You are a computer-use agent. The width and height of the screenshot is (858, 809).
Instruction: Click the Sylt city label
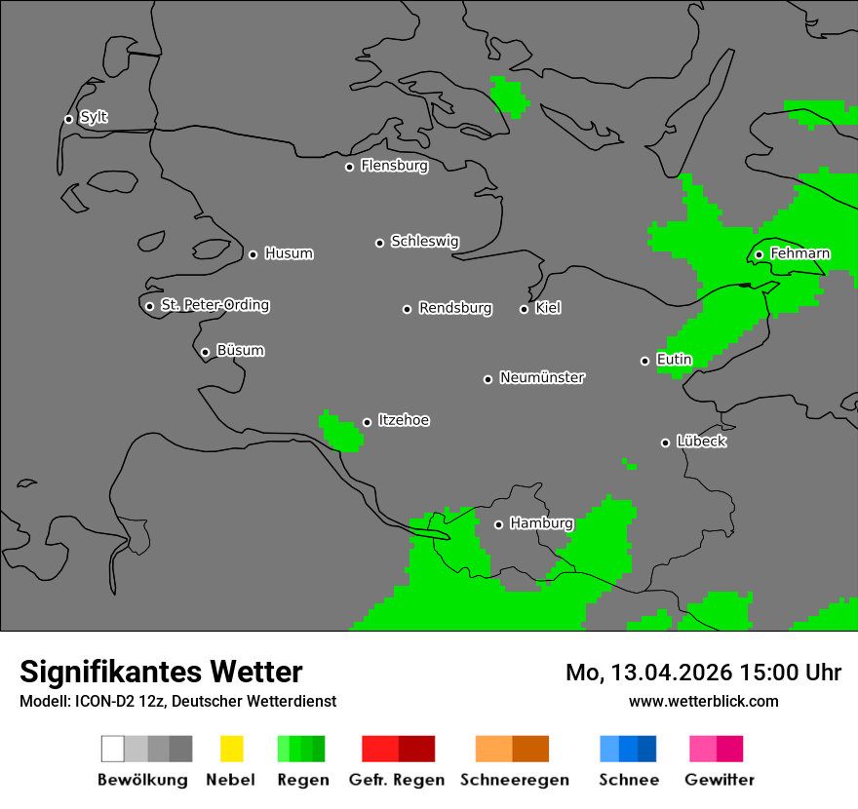point(94,117)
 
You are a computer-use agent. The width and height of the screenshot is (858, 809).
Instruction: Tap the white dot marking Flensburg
point(349,167)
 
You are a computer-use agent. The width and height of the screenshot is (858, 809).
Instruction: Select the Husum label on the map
point(289,253)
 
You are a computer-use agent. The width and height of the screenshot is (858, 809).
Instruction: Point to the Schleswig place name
point(424,241)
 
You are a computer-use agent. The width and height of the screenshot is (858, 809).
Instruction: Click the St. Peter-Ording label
point(214,305)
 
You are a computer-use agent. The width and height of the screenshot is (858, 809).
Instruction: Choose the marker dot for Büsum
point(205,352)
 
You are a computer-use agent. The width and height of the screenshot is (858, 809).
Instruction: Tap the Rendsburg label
point(455,308)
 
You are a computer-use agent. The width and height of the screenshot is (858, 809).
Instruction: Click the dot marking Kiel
point(524,309)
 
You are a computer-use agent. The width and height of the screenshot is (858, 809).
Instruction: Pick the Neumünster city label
point(542,377)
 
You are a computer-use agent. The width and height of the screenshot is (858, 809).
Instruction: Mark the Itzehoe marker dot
point(367,422)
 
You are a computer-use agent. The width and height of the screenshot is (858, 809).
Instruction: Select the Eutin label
point(674,360)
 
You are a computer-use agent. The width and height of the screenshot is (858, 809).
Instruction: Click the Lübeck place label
point(701,442)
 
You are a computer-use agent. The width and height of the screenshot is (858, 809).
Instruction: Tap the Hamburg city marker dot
point(498,524)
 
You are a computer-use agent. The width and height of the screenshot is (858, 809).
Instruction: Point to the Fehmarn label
point(799,253)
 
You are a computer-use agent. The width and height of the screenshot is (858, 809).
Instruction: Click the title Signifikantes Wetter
point(161,672)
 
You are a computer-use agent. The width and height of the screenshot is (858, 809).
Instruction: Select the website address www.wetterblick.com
point(703,701)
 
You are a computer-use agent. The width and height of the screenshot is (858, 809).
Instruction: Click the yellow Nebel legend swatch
point(231,749)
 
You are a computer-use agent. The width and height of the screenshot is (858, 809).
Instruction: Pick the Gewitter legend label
point(719,780)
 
